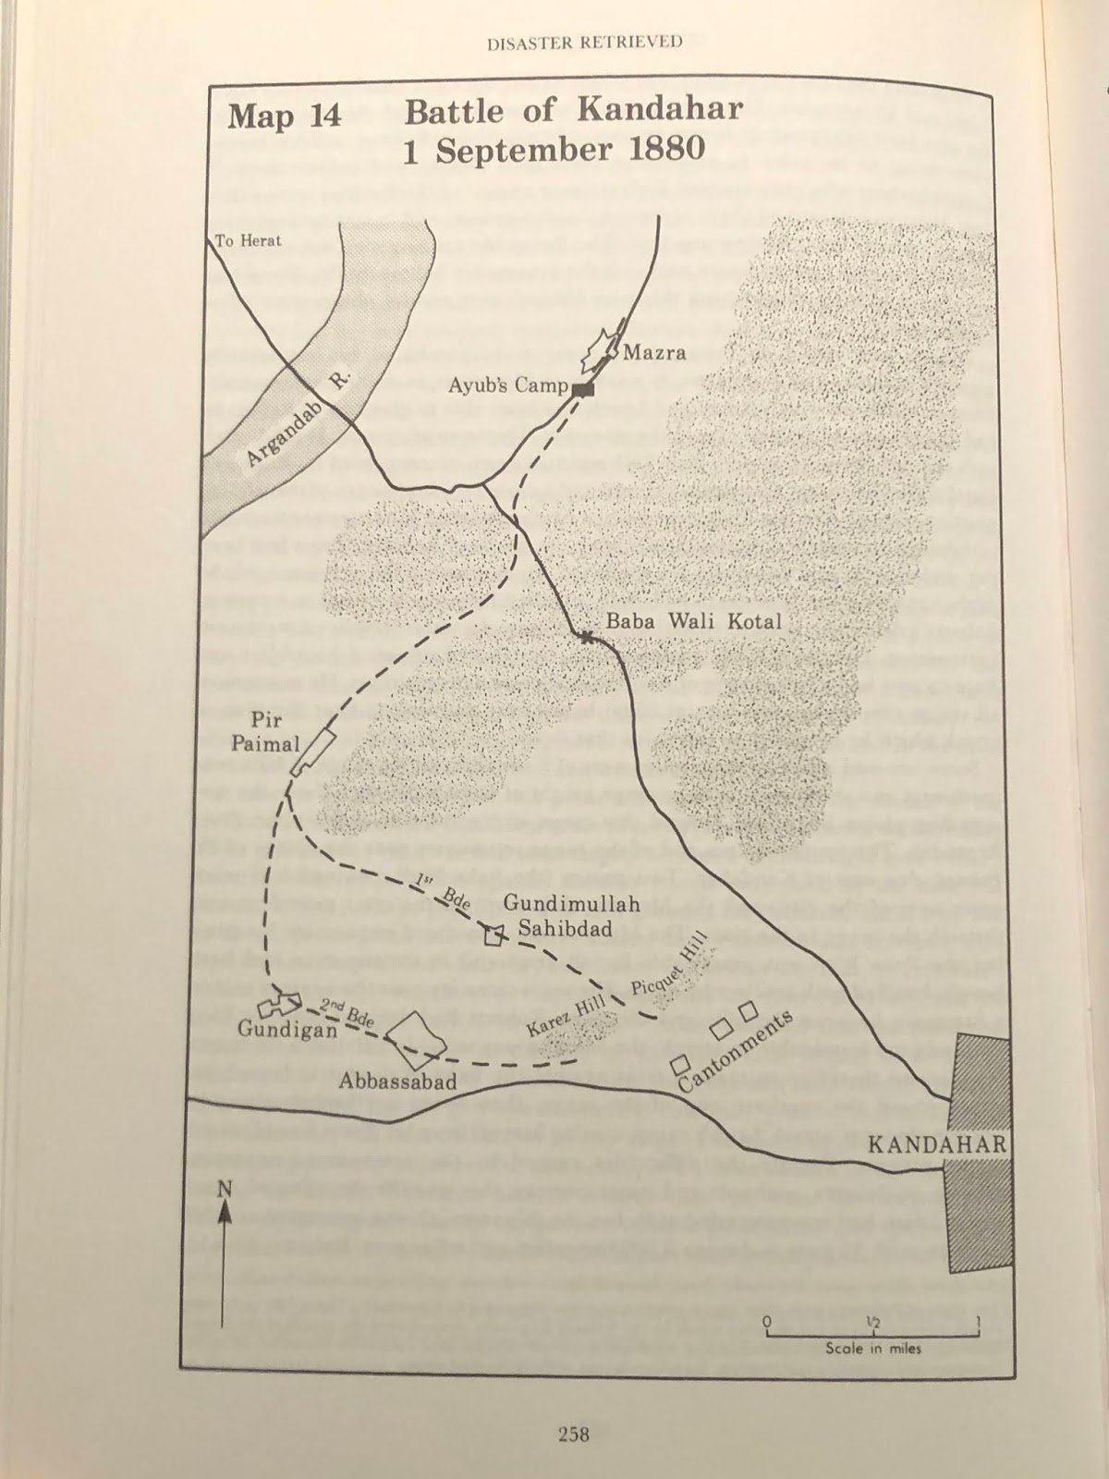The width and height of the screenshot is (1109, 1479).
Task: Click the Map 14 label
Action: pyautogui.click(x=285, y=117)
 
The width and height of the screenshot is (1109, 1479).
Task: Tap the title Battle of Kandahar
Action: pyautogui.click(x=573, y=111)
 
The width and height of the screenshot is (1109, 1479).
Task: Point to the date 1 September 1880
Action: pyautogui.click(x=554, y=149)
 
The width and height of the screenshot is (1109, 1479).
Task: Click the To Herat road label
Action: pyautogui.click(x=248, y=241)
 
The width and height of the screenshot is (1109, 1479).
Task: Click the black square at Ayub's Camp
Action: pyautogui.click(x=581, y=389)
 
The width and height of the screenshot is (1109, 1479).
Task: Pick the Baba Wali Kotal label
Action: pyautogui.click(x=693, y=621)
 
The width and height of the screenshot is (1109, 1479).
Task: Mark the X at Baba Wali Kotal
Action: pyautogui.click(x=586, y=636)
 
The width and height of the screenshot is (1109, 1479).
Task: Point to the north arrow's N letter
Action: pyautogui.click(x=224, y=1189)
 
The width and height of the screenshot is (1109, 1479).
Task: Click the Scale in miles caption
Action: pyautogui.click(x=872, y=1349)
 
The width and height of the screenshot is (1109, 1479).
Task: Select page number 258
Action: pyautogui.click(x=573, y=1434)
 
